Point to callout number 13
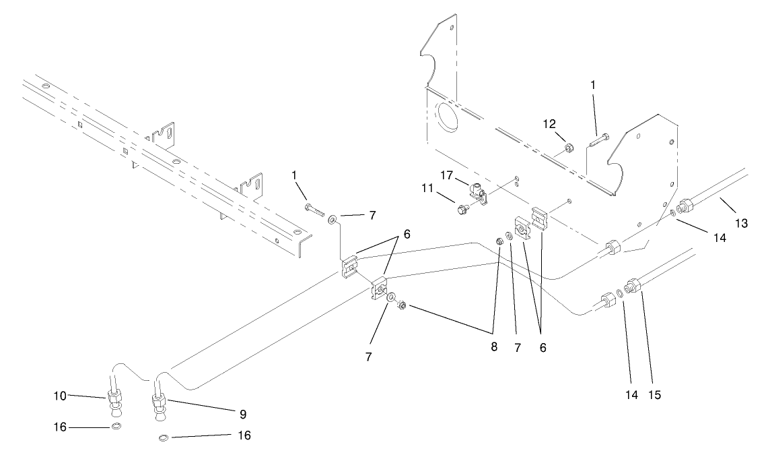click(x=741, y=222)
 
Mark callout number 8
click(x=494, y=348)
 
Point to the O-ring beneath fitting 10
click(x=116, y=427)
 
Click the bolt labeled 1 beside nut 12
click(x=598, y=142)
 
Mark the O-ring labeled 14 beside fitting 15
click(x=619, y=293)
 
